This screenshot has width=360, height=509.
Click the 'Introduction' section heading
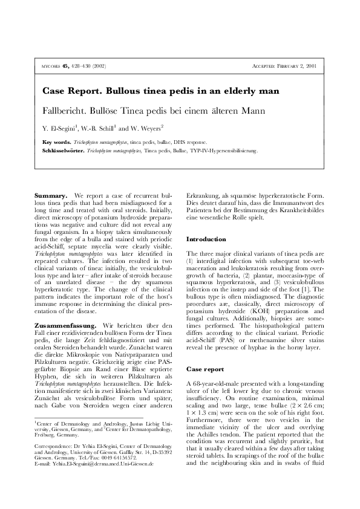pyautogui.click(x=207, y=239)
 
